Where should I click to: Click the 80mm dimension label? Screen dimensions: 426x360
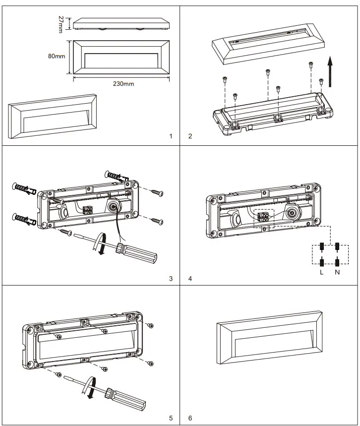pos(57,57)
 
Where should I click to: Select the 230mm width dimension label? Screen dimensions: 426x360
pos(123,84)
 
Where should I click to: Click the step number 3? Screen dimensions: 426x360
pos(171,278)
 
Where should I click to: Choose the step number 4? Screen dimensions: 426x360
pos(190,278)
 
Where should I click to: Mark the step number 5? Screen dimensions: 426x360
pos(171,418)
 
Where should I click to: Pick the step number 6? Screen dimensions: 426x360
pos(190,418)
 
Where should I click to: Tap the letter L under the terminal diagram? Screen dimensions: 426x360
pos(321,272)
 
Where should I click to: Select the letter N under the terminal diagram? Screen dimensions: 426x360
pos(337,272)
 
